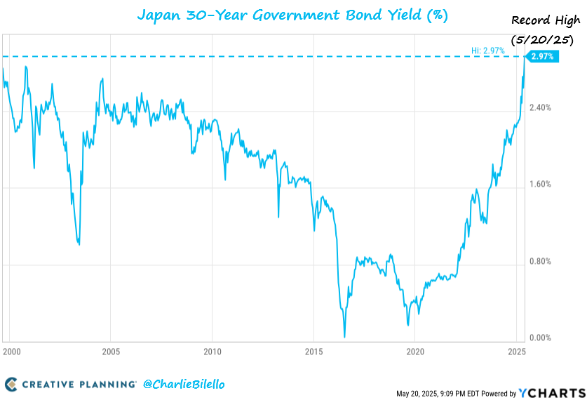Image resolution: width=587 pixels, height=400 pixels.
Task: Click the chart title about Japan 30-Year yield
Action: point(292,15)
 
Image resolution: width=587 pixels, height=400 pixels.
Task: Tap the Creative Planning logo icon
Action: point(11,384)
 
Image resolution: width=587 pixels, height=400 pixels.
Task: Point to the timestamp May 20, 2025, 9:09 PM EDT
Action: point(445,393)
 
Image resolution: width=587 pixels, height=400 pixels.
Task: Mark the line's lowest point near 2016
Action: point(344,336)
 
